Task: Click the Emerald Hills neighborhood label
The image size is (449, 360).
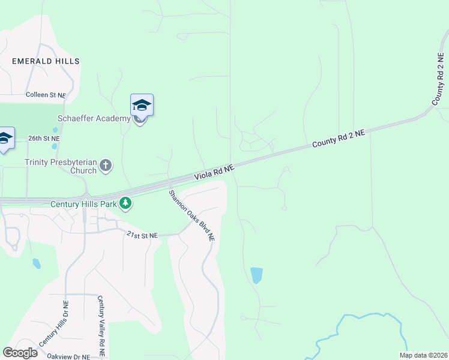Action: click(x=46, y=61)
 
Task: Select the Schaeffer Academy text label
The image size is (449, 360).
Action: click(x=94, y=118)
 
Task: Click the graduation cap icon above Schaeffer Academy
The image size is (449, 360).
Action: click(x=142, y=106)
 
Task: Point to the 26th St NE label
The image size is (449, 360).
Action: click(x=44, y=138)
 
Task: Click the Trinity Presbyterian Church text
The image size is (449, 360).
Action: click(x=60, y=166)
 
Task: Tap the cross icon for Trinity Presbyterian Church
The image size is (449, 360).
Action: click(x=106, y=165)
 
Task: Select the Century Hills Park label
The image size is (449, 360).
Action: click(x=83, y=205)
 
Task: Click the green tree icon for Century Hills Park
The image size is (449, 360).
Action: click(x=125, y=205)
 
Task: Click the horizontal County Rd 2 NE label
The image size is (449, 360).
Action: click(x=338, y=140)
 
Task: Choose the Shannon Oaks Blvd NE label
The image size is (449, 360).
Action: click(x=191, y=215)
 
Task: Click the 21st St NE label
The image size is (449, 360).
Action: click(x=142, y=236)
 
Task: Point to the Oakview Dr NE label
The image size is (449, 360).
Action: click(x=68, y=356)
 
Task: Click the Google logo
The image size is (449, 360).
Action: click(x=20, y=353)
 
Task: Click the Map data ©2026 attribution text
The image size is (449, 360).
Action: click(x=423, y=355)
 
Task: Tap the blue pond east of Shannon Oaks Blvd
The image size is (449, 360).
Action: click(x=256, y=275)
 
